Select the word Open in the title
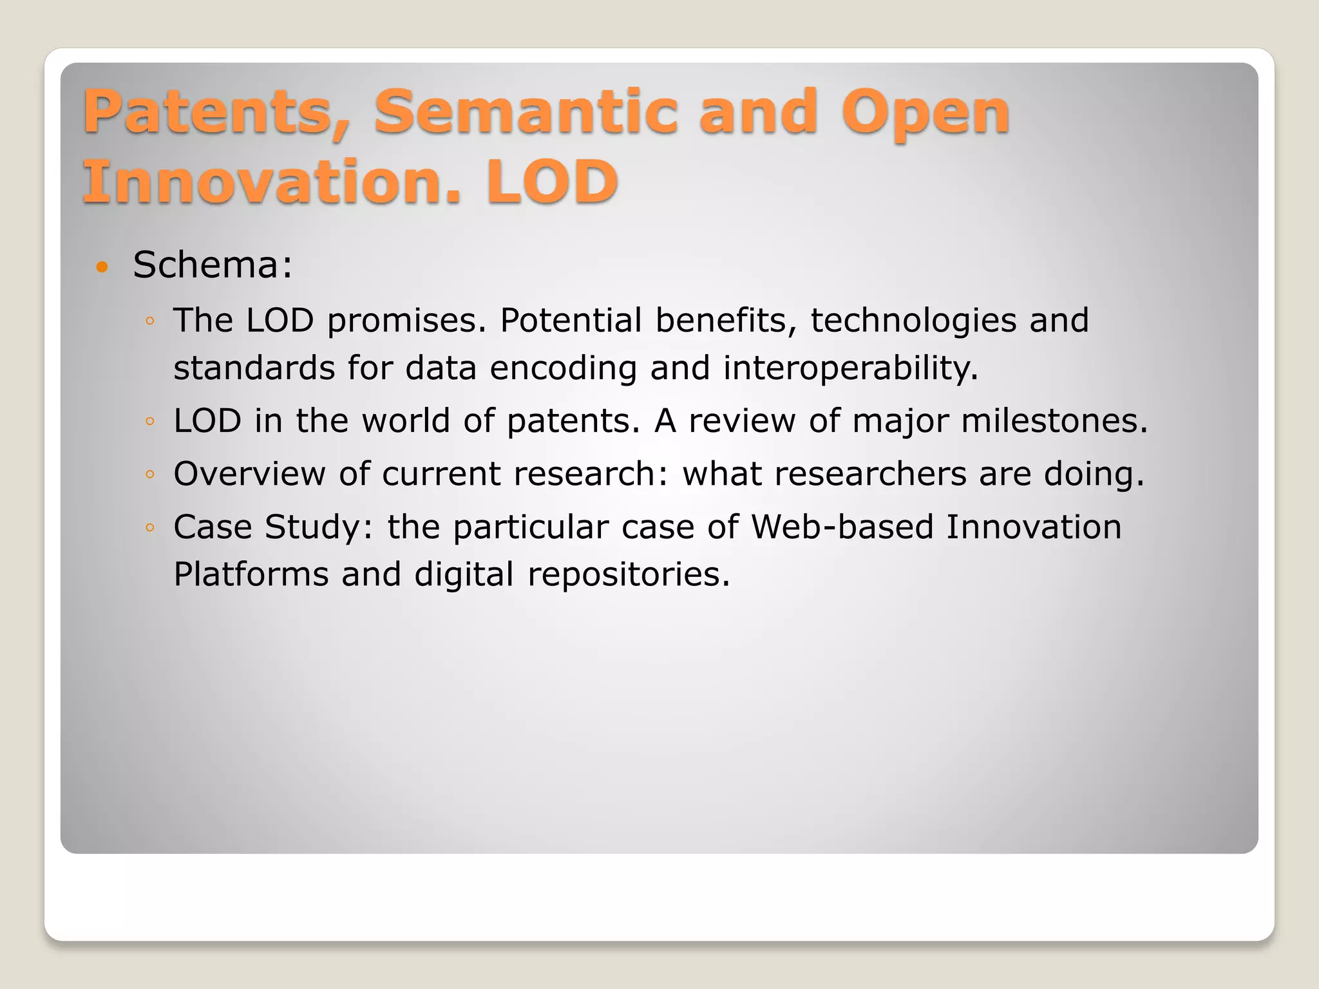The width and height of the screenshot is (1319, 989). click(x=925, y=115)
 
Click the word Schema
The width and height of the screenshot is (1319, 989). click(x=212, y=265)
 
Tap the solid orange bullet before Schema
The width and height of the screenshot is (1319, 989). click(x=102, y=266)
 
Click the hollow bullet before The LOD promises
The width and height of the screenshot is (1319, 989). click(x=149, y=321)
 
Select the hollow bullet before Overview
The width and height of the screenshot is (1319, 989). click(x=149, y=475)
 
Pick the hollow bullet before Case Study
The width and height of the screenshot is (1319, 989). click(x=149, y=527)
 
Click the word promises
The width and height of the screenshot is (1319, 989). click(x=406, y=321)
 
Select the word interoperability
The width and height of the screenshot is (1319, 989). click(x=850, y=368)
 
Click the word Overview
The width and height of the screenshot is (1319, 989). click(x=249, y=474)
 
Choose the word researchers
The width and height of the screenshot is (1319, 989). click(x=870, y=474)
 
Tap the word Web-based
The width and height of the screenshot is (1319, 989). click(x=842, y=527)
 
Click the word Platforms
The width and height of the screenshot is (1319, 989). click(x=251, y=574)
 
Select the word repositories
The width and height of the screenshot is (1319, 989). click(x=629, y=575)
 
